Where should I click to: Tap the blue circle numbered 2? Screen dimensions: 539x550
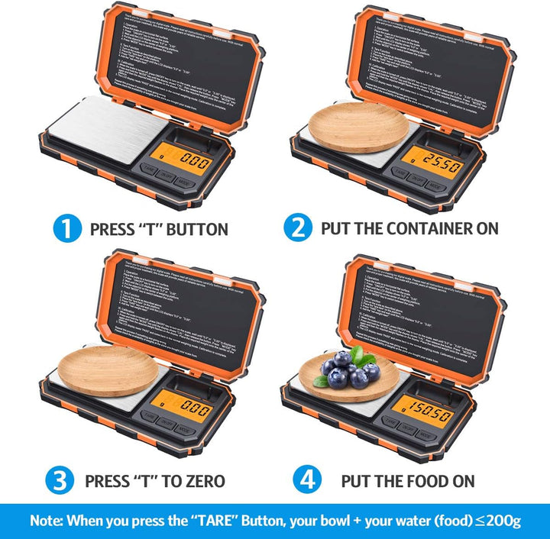(297, 228)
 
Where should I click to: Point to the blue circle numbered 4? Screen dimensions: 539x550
(309, 480)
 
